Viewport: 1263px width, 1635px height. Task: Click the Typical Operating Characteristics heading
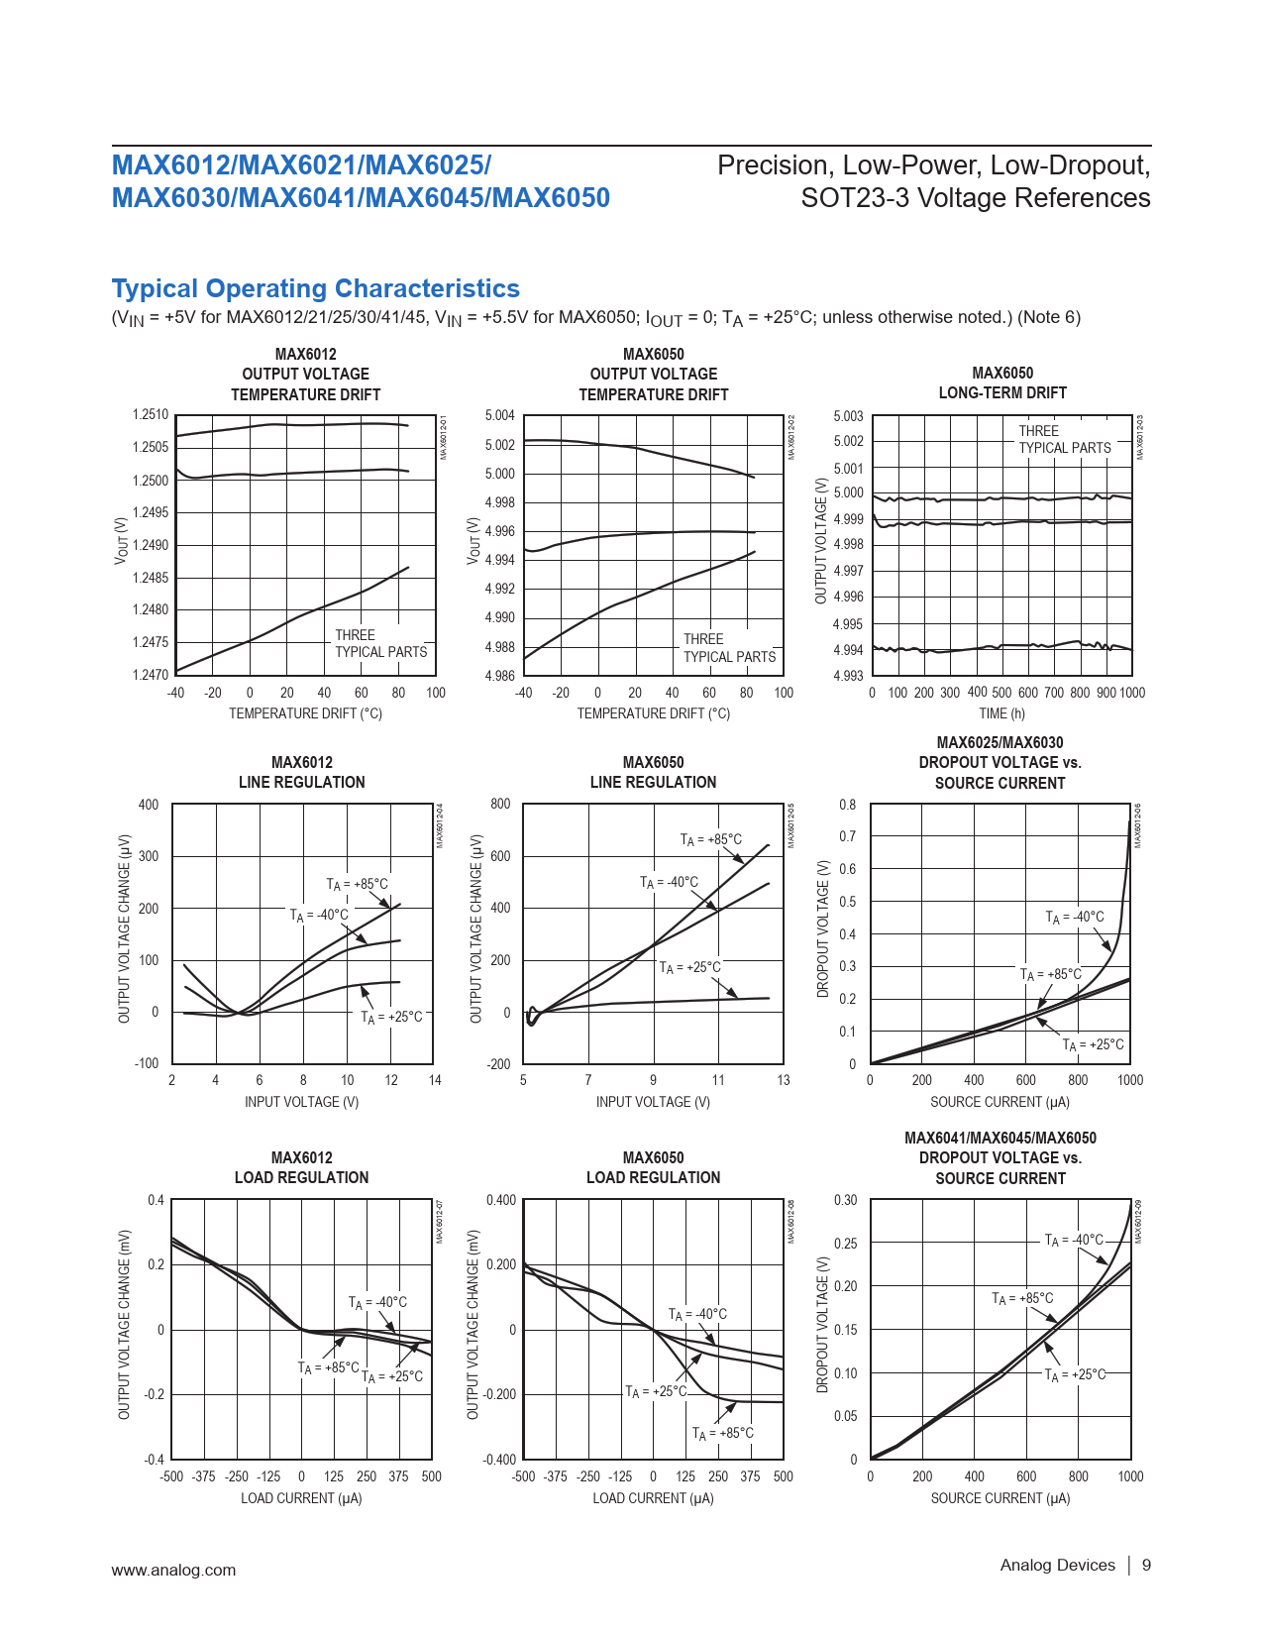[x=315, y=288]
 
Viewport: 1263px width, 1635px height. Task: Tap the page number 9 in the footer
[x=1146, y=1565]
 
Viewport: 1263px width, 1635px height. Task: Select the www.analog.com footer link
[x=173, y=1570]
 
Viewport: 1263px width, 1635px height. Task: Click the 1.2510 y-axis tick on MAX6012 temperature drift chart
[x=151, y=414]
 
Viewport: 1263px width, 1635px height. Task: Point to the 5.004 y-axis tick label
[x=499, y=415]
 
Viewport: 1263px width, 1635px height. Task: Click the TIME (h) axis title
[x=1001, y=713]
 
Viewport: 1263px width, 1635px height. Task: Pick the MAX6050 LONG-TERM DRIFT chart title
[x=1002, y=382]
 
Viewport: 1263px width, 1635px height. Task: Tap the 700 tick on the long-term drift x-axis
[x=1054, y=693]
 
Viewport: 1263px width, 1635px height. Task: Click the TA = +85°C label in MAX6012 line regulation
[x=358, y=884]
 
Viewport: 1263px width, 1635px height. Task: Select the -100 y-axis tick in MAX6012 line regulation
[x=147, y=1063]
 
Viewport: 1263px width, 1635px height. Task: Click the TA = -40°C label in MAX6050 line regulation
[x=669, y=882]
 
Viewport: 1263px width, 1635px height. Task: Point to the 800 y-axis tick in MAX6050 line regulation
[x=500, y=804]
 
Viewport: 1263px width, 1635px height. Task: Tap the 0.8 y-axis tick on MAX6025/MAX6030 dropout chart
[x=847, y=804]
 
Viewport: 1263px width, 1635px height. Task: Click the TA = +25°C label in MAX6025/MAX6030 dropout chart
[x=1093, y=1044]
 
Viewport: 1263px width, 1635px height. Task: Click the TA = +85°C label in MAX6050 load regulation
[x=722, y=1433]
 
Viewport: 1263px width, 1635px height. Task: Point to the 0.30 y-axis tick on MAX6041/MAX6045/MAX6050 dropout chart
[x=845, y=1200]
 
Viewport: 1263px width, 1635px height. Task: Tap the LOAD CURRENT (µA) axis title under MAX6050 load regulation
[x=653, y=1498]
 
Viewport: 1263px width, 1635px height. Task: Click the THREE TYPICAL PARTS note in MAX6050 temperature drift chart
[x=729, y=648]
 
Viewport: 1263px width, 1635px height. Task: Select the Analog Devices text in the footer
[x=1057, y=1565]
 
